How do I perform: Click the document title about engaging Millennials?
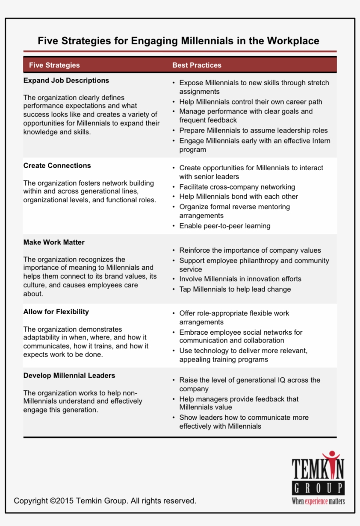coord(178,41)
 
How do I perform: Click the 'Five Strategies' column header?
coord(54,65)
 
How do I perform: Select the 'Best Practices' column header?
coord(197,65)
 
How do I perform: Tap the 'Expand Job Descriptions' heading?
coord(66,81)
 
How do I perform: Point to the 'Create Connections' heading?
coord(57,166)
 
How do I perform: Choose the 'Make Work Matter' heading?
coord(54,243)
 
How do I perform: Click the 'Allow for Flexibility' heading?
coord(56,312)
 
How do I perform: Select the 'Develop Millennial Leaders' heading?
coord(69,376)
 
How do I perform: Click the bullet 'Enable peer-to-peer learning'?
coord(225,226)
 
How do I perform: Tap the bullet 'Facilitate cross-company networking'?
coord(237,187)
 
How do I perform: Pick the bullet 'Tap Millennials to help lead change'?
coord(235,290)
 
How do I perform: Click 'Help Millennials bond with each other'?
coord(238,197)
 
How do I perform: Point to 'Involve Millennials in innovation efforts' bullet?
coord(240,279)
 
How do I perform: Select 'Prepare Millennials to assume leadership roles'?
coord(253,131)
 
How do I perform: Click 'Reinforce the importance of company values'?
coord(250,250)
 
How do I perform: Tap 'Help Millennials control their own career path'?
coord(251,102)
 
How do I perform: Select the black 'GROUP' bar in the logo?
coord(318,488)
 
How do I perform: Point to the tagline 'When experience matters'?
coord(318,501)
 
